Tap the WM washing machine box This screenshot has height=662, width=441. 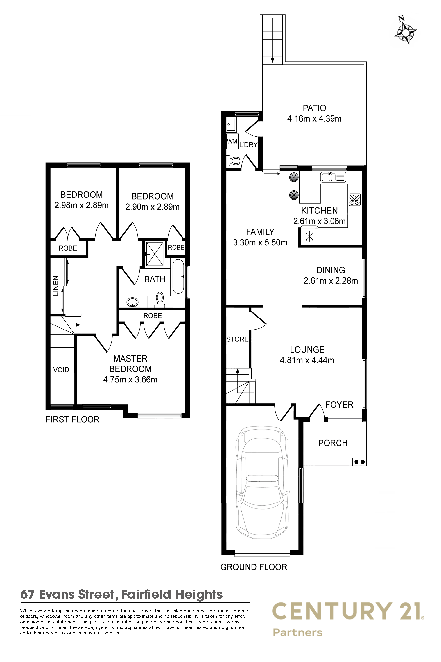(x=232, y=142)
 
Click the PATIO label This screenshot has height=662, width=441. (x=314, y=108)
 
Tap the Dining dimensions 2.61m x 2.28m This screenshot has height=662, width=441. (x=331, y=281)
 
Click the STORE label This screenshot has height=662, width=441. (x=238, y=339)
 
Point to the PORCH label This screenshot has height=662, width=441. (x=333, y=443)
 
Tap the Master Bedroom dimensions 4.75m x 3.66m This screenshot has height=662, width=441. (x=130, y=380)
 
